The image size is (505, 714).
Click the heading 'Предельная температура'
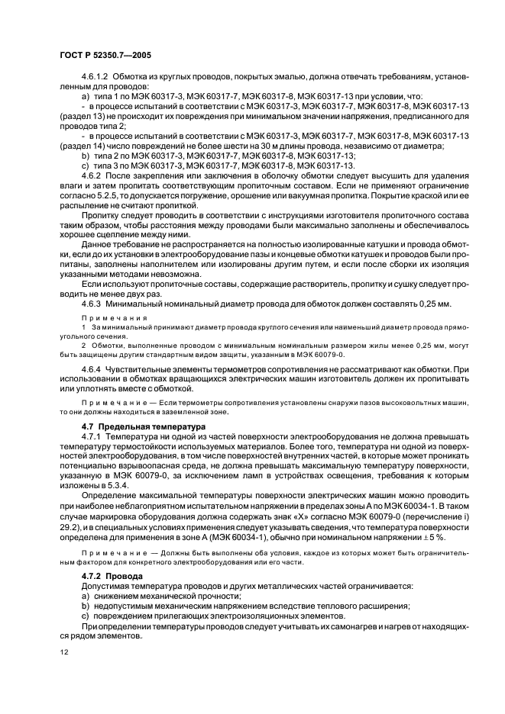tap(141, 426)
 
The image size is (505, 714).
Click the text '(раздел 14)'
tap(80, 145)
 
